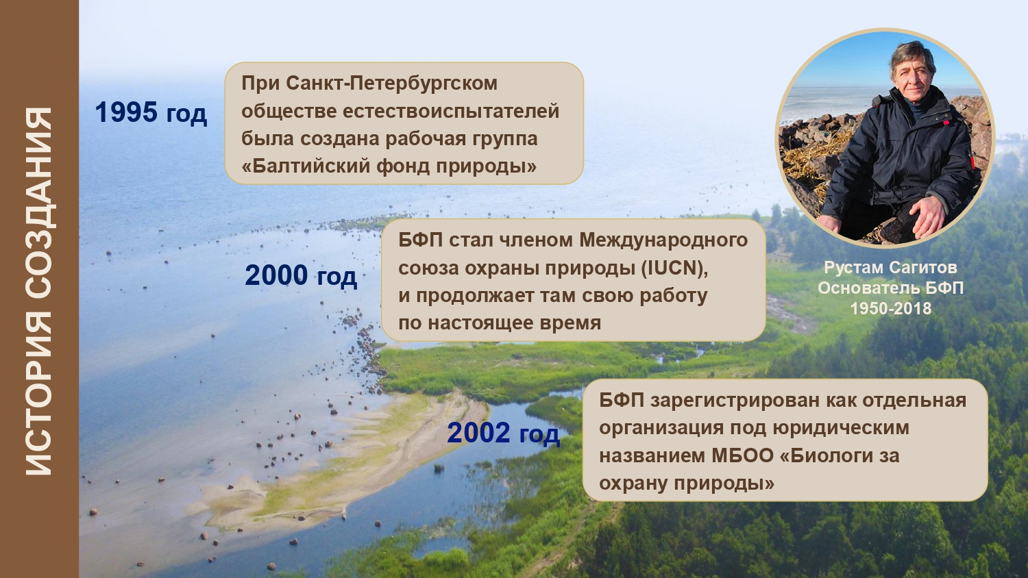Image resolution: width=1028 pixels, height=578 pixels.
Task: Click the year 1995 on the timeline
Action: (126, 112)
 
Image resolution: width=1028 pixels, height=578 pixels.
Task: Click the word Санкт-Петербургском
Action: (391, 84)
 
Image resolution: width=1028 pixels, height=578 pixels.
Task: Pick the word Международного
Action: (663, 241)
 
